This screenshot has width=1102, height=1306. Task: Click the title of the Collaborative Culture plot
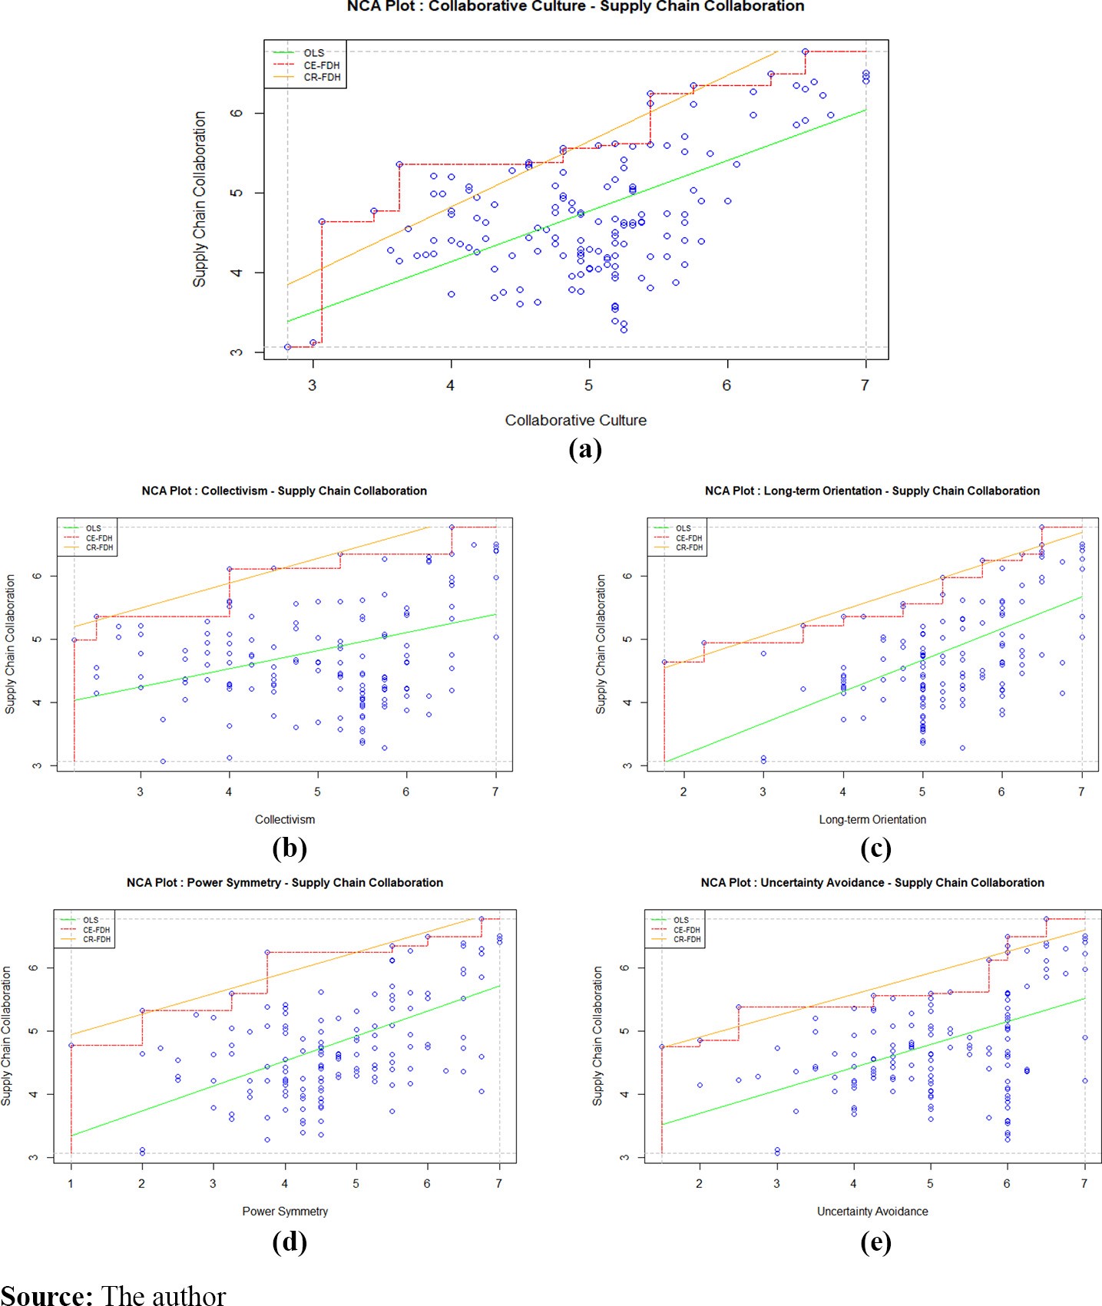click(575, 6)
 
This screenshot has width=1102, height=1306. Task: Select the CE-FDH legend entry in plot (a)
click(321, 65)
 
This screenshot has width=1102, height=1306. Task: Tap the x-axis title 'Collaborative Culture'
click(575, 420)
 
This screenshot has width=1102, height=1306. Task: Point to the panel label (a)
click(584, 448)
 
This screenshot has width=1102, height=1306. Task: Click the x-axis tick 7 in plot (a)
click(865, 385)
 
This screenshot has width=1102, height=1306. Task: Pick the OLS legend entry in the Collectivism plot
click(93, 528)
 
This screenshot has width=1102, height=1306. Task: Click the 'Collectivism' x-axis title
click(285, 819)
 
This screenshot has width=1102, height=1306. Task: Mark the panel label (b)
click(290, 848)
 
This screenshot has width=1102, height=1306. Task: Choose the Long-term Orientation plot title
click(872, 491)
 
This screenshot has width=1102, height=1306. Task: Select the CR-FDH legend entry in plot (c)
click(689, 547)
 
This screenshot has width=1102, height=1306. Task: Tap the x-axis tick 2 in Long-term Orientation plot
click(683, 792)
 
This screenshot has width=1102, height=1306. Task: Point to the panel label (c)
click(875, 848)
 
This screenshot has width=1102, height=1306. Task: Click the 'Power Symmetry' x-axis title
click(285, 1211)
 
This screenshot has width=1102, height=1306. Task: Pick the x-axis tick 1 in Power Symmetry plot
click(71, 1183)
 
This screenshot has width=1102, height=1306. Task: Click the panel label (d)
click(290, 1242)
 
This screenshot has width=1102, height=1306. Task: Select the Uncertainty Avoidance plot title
click(872, 882)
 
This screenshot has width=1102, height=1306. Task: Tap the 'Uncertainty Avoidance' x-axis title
click(872, 1211)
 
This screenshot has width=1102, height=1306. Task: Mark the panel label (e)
click(875, 1242)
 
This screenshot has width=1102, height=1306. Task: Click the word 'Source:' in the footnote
click(47, 1294)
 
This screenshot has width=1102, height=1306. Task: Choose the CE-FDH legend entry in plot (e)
click(687, 930)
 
